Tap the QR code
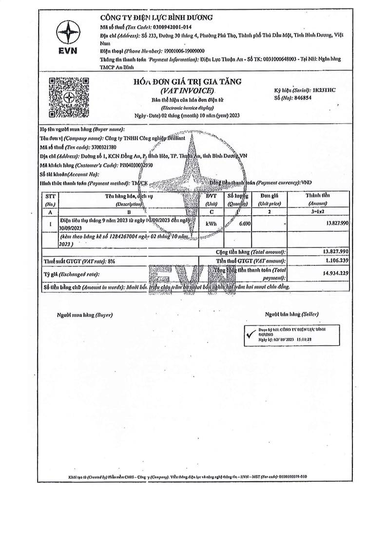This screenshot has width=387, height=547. [68, 97]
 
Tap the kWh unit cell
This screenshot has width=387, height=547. [212, 223]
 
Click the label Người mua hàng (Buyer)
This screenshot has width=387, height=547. [85, 315]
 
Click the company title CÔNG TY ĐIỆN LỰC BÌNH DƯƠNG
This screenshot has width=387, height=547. [157, 18]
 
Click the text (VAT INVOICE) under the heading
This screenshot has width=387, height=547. [187, 91]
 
